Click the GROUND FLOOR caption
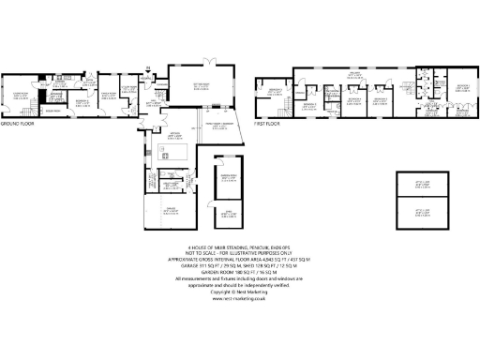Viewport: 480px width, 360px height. (x=18, y=124)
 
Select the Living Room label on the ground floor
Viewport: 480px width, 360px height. (x=20, y=95)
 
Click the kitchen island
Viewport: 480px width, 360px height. (x=176, y=152)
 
